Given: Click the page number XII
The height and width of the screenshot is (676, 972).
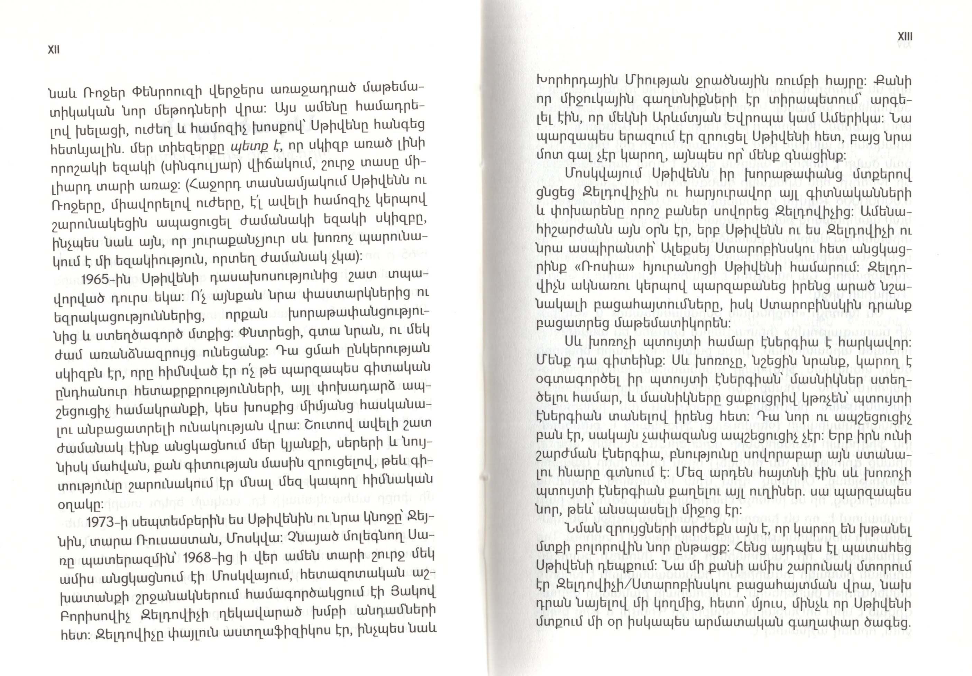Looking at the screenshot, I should click(54, 50).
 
